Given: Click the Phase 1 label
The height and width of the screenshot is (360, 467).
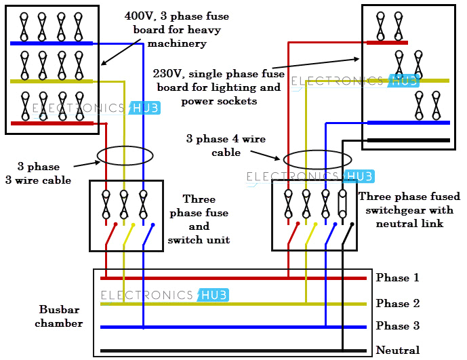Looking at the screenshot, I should coord(397,278).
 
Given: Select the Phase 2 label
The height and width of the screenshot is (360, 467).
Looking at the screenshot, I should coord(397,304).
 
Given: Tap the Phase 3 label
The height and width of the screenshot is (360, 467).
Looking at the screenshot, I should coord(397,326).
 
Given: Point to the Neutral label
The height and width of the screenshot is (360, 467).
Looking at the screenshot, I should coord(398,351).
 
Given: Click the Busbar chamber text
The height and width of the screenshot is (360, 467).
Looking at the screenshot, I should coord(61,316).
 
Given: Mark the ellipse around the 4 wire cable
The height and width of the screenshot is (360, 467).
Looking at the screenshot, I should coord(317,160).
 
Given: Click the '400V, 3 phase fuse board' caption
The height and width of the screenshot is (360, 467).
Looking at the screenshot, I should coord(176,29).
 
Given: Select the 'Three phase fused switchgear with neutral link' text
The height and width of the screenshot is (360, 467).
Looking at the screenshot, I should coord(409,209).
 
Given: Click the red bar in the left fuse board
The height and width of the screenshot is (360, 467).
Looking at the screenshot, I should coord(52,123).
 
